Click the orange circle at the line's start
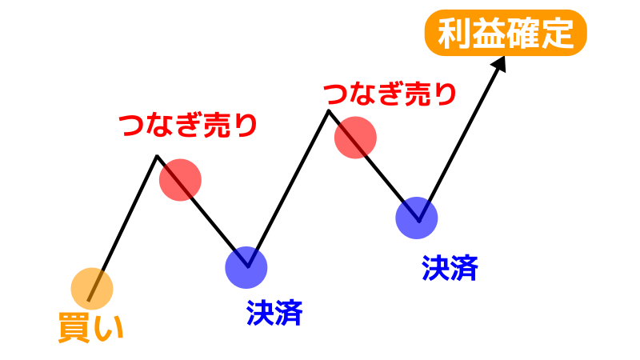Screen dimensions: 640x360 pyautogui.click(x=92, y=289)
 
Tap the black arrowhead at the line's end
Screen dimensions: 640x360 pyautogui.click(x=499, y=63)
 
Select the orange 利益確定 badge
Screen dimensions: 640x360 pyautogui.click(x=506, y=33)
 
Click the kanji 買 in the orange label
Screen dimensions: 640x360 pyautogui.click(x=74, y=327)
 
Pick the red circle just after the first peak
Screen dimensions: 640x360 pyautogui.click(x=181, y=180)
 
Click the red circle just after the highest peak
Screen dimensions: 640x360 pyautogui.click(x=355, y=138)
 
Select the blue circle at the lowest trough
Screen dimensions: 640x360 pyautogui.click(x=246, y=267)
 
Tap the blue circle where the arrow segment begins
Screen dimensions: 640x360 pyautogui.click(x=417, y=218)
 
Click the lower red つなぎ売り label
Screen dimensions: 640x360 pyautogui.click(x=188, y=125)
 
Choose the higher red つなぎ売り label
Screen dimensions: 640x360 pyautogui.click(x=390, y=94)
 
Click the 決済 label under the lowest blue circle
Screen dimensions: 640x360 pyautogui.click(x=274, y=313)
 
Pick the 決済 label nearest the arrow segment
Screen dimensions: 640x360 pyautogui.click(x=450, y=268)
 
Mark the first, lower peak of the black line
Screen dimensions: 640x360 pyautogui.click(x=157, y=156)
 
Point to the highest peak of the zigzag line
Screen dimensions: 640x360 pyautogui.click(x=329, y=110)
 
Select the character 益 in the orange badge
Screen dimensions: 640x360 pyautogui.click(x=489, y=33)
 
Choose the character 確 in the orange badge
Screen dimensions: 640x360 pyautogui.click(x=523, y=33)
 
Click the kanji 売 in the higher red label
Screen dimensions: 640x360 pyautogui.click(x=416, y=94)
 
